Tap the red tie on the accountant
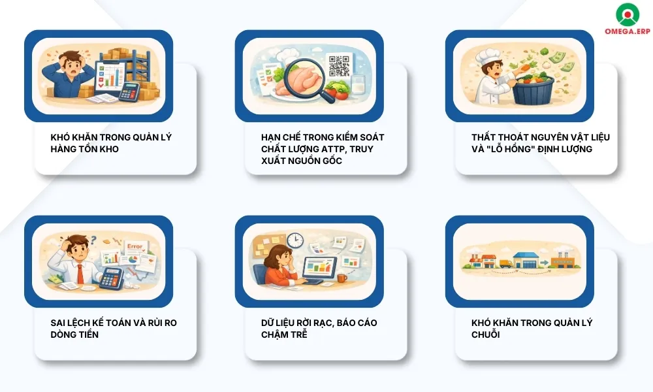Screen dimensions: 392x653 [80, 273]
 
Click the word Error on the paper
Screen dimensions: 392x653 [135, 246]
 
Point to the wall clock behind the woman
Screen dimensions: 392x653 [295, 240]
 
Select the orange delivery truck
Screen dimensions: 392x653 [506, 263]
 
